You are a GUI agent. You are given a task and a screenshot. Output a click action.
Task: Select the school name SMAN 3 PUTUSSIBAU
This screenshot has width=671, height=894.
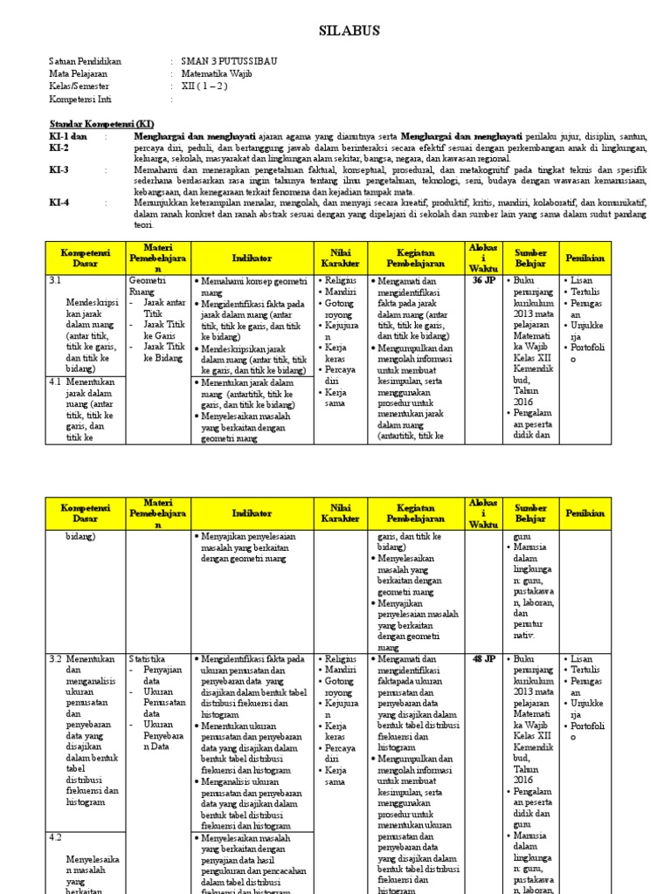coord(218,62)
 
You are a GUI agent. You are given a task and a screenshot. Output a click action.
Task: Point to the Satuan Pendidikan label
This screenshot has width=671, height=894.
coord(85,62)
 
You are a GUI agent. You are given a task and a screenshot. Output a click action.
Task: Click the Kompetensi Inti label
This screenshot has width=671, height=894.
coord(80,100)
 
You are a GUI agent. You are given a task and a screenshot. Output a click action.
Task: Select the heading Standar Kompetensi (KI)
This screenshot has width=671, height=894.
coord(101,125)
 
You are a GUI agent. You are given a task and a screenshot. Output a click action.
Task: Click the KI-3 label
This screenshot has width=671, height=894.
coord(59,170)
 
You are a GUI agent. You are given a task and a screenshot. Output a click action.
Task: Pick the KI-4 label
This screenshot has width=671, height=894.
coord(59,202)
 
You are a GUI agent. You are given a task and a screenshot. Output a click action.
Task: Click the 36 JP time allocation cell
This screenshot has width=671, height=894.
coord(483,281)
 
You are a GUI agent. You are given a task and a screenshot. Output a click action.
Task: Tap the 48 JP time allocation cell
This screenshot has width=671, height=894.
coord(483,658)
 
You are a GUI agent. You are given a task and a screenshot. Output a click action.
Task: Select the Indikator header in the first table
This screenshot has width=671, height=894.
coord(252,258)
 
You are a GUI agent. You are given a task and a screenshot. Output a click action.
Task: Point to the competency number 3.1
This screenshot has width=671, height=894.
coord(55,281)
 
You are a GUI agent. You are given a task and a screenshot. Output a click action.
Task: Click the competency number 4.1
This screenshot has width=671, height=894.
coord(55,382)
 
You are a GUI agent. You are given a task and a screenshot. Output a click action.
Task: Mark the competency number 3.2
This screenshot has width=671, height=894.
coord(55,658)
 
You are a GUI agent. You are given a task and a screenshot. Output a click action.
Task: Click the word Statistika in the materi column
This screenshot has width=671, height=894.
coord(147,658)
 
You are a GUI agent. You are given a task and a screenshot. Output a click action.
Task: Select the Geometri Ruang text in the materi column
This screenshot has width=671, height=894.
coord(146,287)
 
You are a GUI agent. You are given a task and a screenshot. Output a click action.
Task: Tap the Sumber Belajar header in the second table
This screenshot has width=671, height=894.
coord(530,512)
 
